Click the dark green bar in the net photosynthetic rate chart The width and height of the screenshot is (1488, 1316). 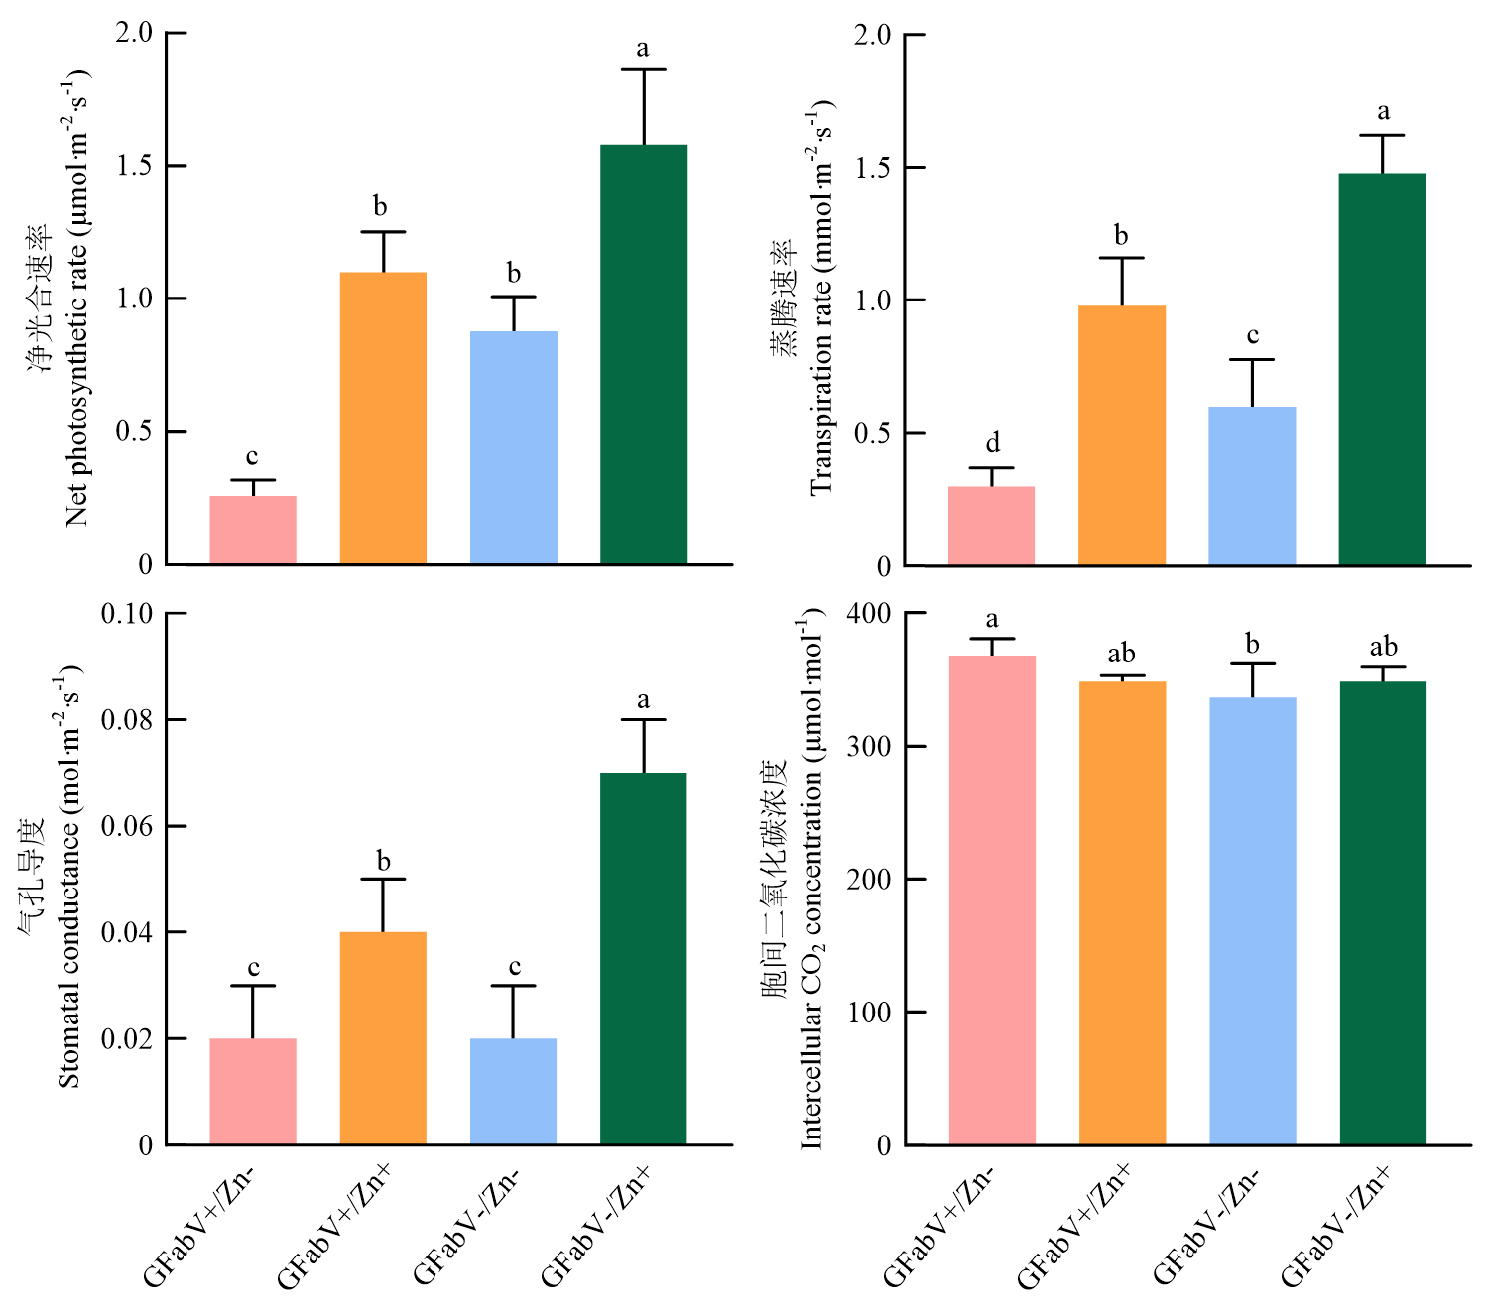(644, 354)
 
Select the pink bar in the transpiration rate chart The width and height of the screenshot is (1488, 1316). (991, 526)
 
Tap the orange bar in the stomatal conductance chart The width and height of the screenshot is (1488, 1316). (383, 1038)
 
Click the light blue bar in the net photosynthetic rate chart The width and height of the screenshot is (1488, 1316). (513, 447)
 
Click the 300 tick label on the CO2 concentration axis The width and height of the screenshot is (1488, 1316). (869, 747)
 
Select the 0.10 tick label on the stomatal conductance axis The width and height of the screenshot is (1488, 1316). (127, 614)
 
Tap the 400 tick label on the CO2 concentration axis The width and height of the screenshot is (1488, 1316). (869, 614)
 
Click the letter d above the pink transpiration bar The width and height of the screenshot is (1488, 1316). (992, 443)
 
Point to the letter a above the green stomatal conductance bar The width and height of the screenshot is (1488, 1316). (644, 700)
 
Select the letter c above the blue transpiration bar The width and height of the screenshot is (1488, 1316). (1252, 336)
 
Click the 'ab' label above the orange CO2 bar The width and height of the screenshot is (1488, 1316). (1121, 654)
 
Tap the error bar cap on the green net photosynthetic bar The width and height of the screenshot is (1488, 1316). (644, 69)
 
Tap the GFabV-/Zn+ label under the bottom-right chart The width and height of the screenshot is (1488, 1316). (1334, 1227)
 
